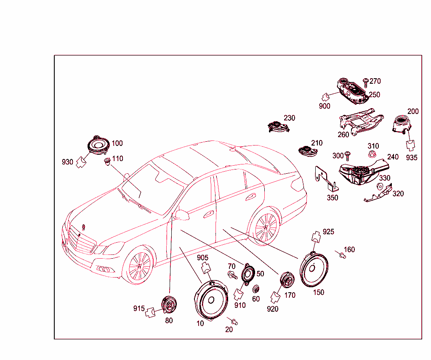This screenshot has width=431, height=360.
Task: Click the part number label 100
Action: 117,143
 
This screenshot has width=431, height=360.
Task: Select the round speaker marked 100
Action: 98,145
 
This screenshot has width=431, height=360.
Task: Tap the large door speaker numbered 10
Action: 211,300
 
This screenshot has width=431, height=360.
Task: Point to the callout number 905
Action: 202,257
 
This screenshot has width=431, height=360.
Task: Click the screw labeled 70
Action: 232,275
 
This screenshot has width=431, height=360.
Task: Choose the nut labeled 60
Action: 256,289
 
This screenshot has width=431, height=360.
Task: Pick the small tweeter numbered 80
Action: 169,304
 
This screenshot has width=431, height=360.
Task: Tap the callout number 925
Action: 328,232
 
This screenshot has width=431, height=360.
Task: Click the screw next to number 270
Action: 366,82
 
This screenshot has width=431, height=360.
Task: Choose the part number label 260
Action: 343,135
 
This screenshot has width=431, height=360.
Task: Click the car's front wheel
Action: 138,265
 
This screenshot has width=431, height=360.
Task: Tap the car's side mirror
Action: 182,215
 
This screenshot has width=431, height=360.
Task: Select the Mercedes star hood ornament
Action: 84,228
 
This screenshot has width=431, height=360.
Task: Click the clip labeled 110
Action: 107,161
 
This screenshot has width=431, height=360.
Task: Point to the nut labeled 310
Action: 372,154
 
